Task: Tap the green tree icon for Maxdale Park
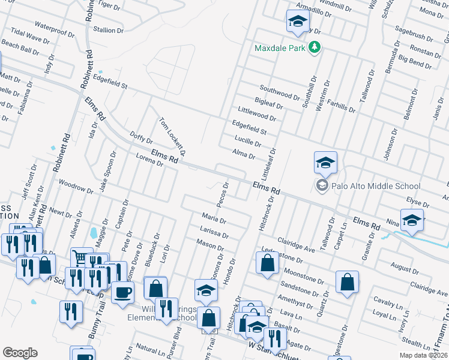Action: [x=313, y=47]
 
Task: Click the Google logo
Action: [x=20, y=353]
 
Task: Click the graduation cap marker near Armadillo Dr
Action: [x=297, y=22]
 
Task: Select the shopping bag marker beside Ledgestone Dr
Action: [x=267, y=262]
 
